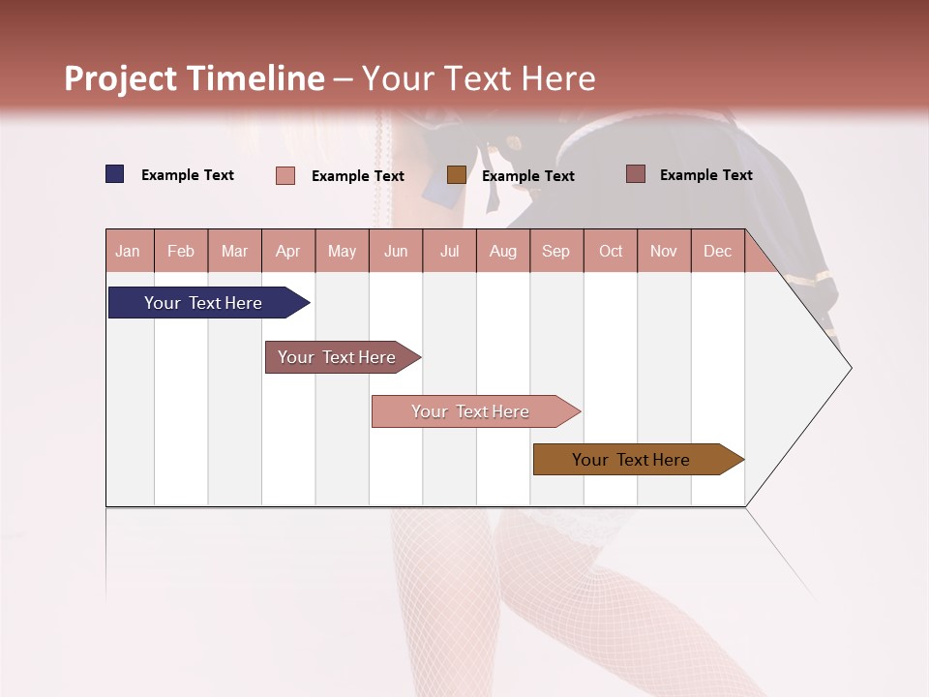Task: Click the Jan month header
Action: point(128,251)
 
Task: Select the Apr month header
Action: point(288,251)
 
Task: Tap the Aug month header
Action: point(503,251)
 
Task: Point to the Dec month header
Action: point(717,251)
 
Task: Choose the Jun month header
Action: point(396,251)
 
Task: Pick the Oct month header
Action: point(611,251)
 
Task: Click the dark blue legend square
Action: point(115,174)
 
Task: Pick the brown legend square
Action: point(457,174)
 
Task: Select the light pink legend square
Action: point(285,175)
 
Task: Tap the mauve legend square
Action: point(636,174)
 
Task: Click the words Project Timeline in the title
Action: point(194,78)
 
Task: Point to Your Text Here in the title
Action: point(478,78)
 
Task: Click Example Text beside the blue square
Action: point(188,175)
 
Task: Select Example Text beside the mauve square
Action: point(706,175)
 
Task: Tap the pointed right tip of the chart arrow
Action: point(849,368)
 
